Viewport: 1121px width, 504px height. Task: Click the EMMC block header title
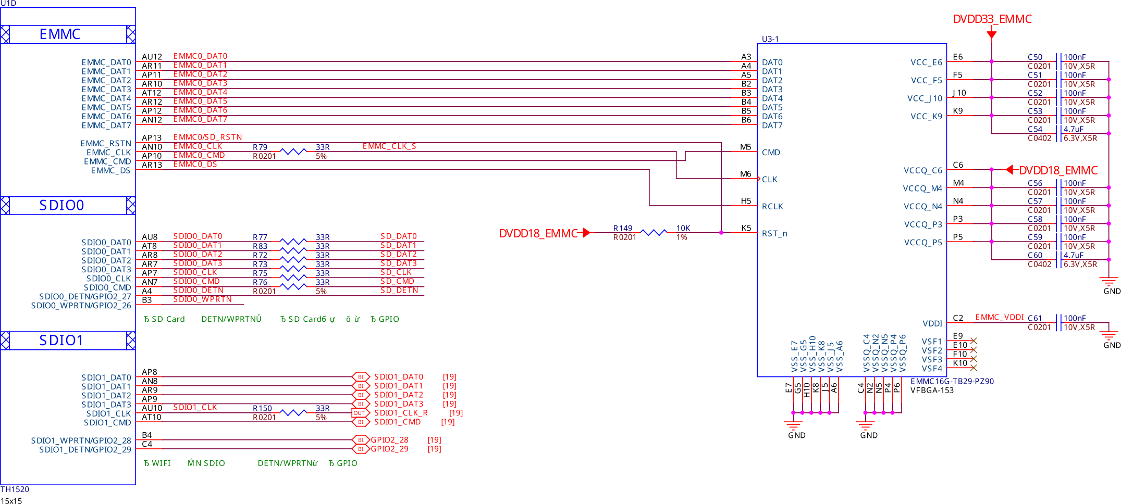coord(60,34)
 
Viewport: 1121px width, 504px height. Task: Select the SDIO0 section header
coord(61,205)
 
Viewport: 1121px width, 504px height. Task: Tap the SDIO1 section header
coord(61,341)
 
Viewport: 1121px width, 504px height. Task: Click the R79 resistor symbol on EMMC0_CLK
coord(293,152)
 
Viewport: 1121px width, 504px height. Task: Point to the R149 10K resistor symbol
coord(653,233)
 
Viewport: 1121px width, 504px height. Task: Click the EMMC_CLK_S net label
coord(389,146)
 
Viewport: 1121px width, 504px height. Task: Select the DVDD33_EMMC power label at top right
coord(992,19)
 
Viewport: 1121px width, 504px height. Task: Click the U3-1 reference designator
coord(770,39)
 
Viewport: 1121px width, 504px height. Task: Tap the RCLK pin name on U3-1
coord(772,207)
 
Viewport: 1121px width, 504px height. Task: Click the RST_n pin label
coord(774,234)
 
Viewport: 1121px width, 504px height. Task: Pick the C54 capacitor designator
coord(1034,129)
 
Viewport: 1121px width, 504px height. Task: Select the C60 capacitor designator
coord(1034,255)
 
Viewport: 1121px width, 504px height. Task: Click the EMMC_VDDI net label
coord(1000,318)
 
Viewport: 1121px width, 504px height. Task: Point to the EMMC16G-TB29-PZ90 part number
coord(952,382)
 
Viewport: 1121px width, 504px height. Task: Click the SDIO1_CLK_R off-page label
coord(401,413)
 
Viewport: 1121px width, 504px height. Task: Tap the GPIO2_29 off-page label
coord(389,449)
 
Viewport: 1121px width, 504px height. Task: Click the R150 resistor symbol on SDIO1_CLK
coord(293,412)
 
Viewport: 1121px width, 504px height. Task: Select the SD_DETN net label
coord(399,291)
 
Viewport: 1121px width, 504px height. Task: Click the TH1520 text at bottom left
coord(15,489)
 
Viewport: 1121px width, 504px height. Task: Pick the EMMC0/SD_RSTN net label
coord(207,137)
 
